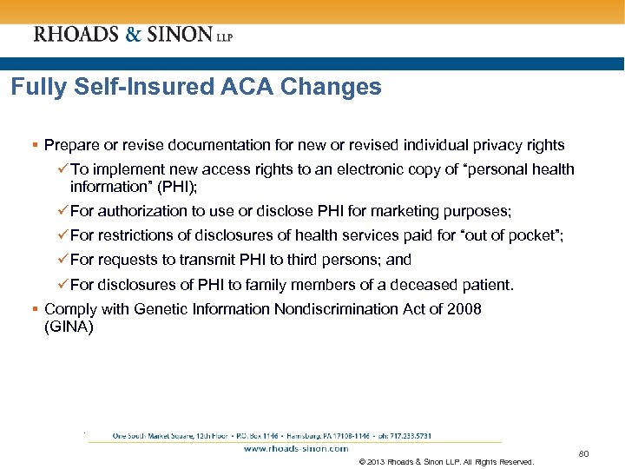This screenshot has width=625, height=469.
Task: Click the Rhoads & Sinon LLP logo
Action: [133, 35]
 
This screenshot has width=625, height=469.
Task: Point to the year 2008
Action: [464, 309]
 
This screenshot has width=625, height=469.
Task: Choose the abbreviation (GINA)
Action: [69, 327]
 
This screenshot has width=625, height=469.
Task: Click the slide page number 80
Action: [584, 452]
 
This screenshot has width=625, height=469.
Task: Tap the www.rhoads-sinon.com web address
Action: [295, 449]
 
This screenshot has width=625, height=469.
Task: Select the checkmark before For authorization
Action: [63, 210]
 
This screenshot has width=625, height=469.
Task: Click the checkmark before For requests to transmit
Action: [63, 260]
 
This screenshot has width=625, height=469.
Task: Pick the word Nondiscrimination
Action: [330, 309]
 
